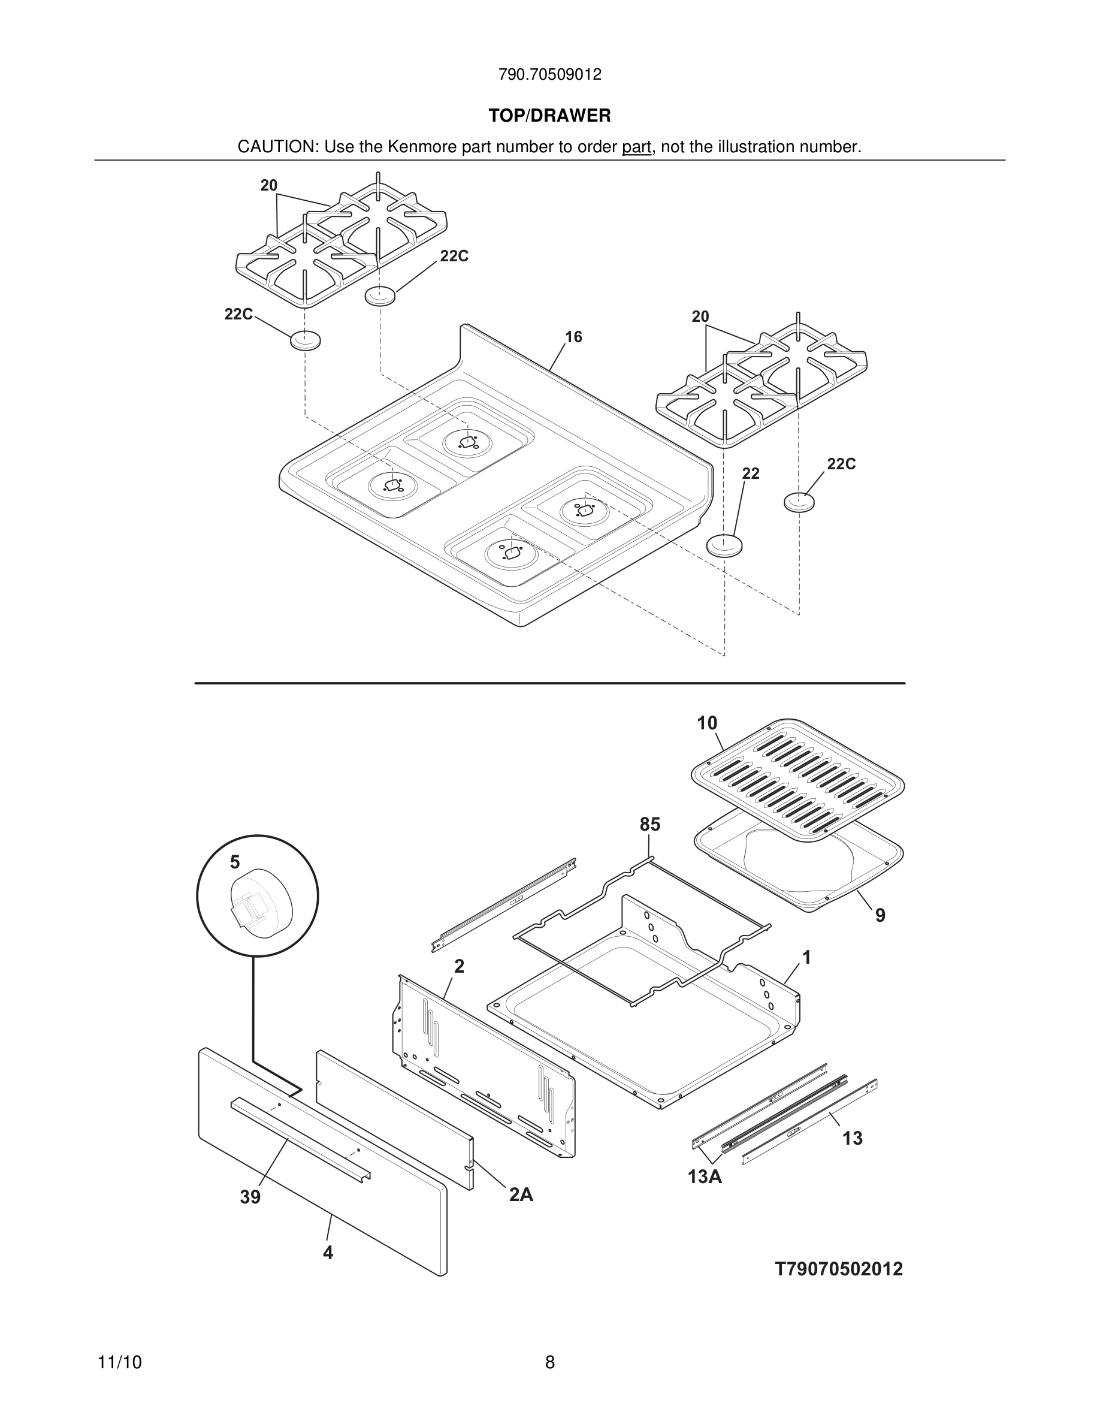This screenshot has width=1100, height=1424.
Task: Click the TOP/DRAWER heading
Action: click(x=549, y=116)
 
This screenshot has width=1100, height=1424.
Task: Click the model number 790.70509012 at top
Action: click(x=549, y=74)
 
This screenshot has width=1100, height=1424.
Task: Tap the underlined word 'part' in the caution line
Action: click(x=636, y=147)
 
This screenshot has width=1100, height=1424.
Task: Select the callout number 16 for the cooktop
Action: click(x=573, y=337)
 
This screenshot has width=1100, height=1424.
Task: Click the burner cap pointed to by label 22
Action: click(x=724, y=544)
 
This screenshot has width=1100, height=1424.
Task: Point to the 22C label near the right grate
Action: click(x=841, y=464)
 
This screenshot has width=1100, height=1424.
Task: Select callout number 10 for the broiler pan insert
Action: click(x=706, y=723)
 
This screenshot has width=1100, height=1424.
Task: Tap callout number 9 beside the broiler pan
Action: click(x=880, y=915)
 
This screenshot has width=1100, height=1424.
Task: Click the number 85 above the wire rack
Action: click(x=649, y=825)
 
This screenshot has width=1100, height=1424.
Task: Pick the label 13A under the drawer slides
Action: click(x=705, y=1177)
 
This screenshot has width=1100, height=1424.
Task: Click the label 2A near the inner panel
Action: click(x=521, y=1194)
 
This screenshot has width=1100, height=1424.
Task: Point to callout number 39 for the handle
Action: click(x=250, y=1197)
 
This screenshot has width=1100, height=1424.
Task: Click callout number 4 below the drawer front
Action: click(x=328, y=1253)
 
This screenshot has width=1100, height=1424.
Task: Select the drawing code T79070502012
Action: click(x=839, y=1269)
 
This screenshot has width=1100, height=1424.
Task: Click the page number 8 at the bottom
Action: click(x=549, y=1362)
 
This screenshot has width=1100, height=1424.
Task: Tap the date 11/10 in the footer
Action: click(x=119, y=1363)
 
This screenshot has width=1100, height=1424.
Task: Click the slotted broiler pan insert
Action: click(x=796, y=776)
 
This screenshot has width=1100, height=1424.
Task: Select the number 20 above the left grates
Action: click(x=268, y=186)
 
